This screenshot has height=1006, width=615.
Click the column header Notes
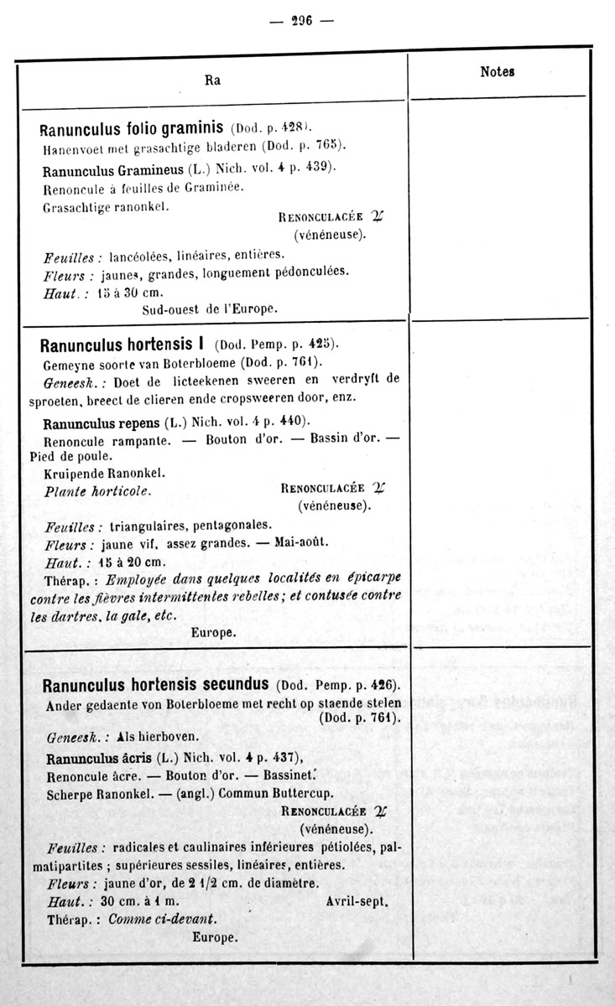point(497,72)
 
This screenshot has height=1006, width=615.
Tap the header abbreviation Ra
point(212,80)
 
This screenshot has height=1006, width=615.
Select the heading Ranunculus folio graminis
point(132,129)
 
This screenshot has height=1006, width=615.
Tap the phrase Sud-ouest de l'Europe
point(210,309)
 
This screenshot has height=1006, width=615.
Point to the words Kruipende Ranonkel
point(103,474)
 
